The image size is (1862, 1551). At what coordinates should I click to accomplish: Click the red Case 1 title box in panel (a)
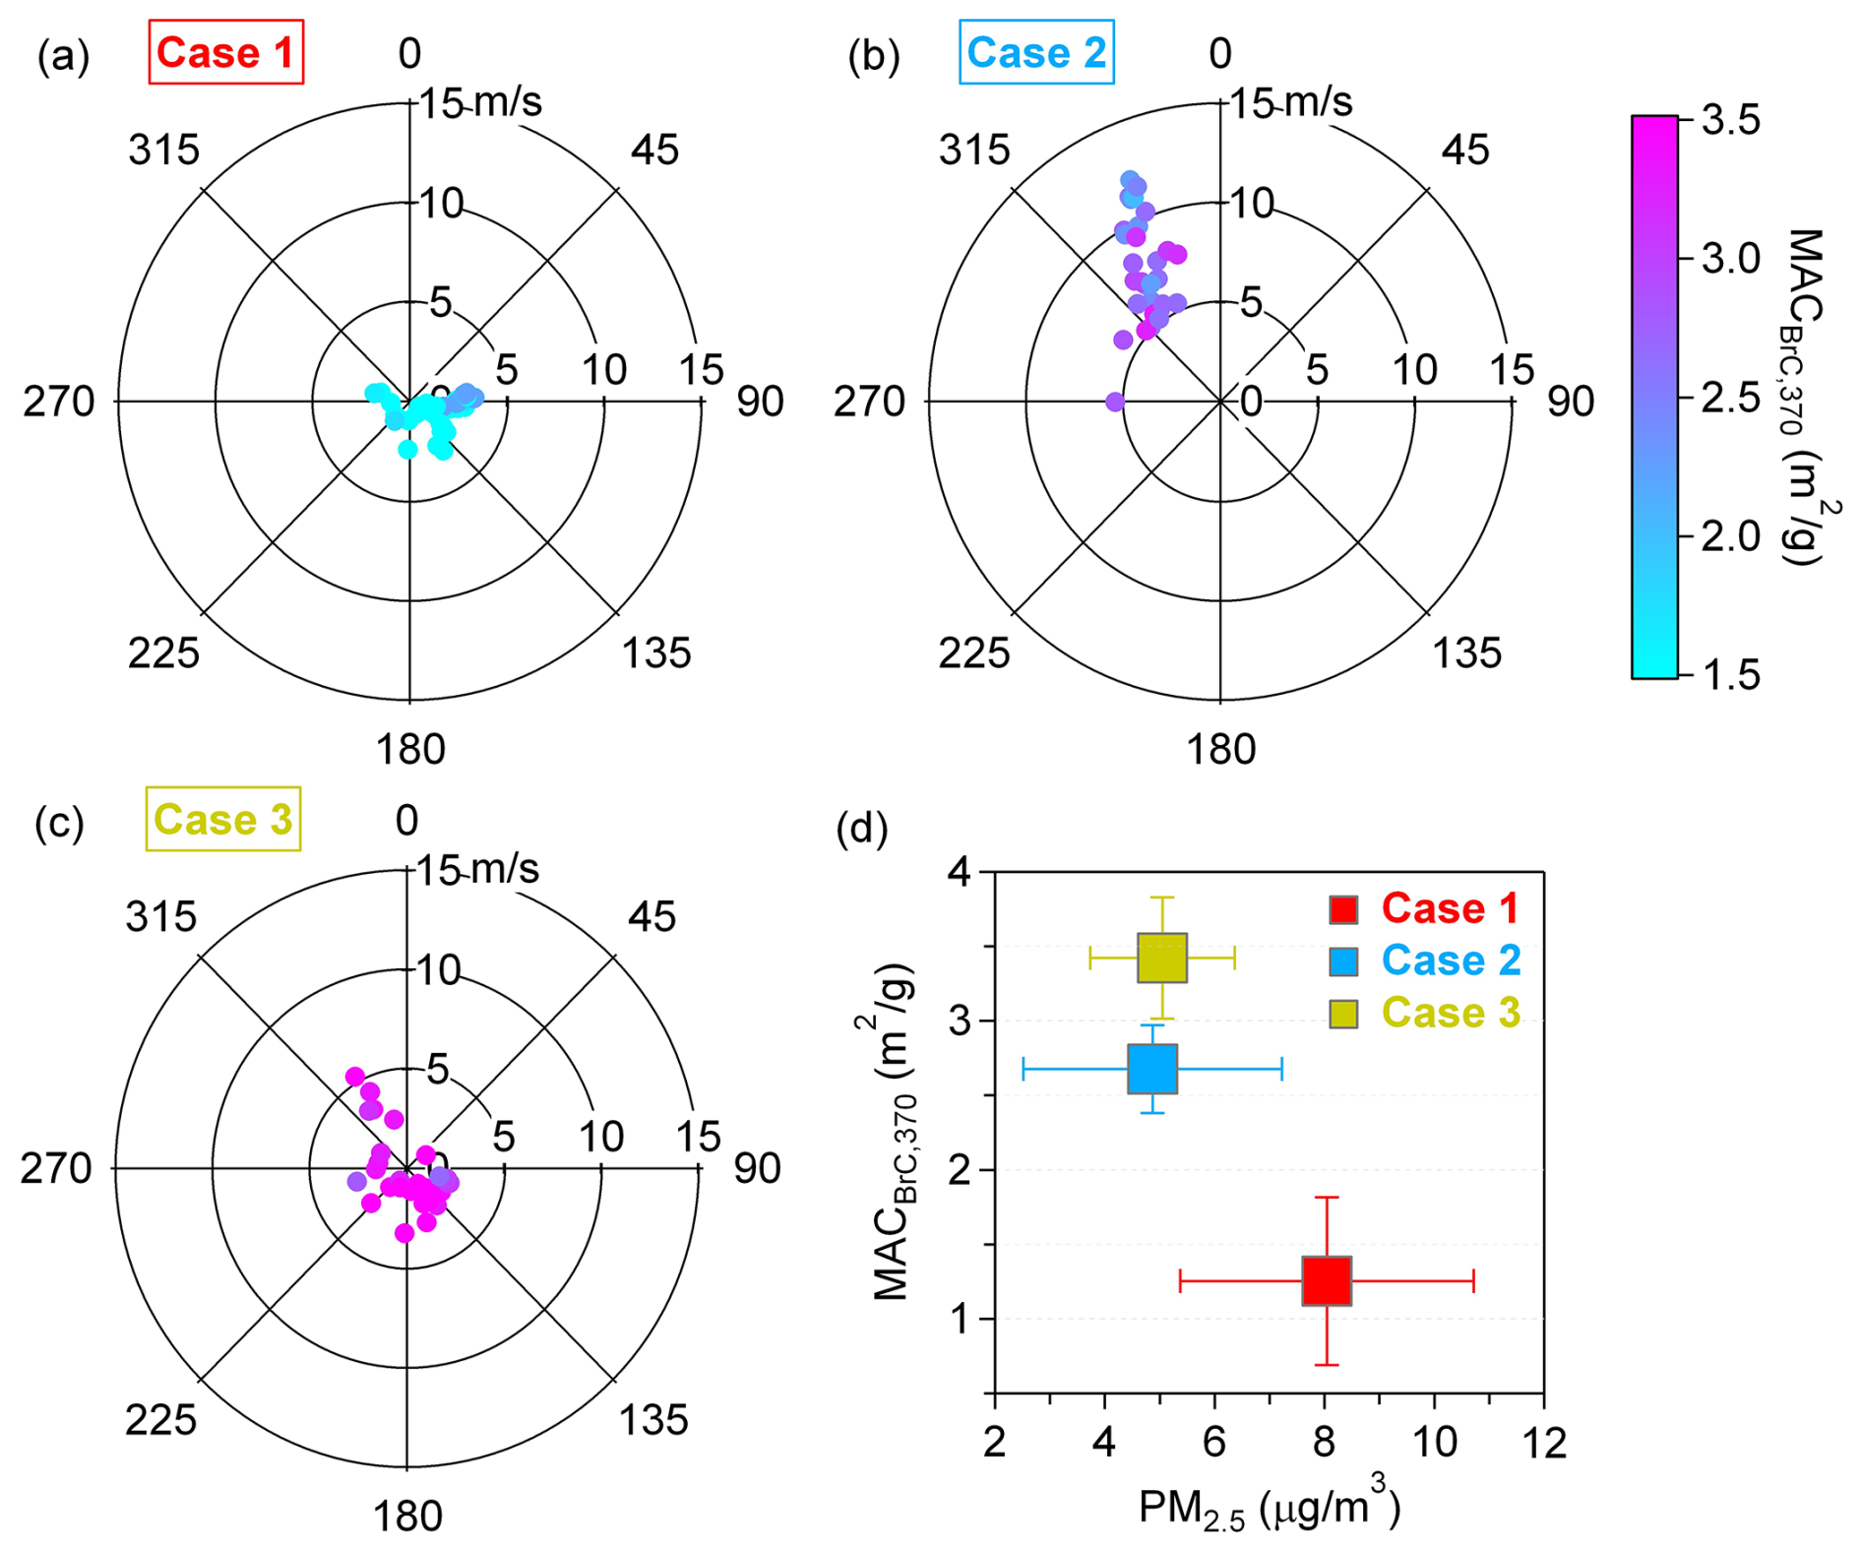point(225,52)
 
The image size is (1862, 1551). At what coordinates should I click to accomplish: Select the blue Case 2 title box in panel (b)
point(1036,52)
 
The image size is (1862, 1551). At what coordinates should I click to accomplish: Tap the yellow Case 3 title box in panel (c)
point(222,819)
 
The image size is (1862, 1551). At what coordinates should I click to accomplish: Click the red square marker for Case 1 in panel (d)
point(1326,1280)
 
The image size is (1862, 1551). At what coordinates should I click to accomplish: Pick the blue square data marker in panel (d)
point(1151,1069)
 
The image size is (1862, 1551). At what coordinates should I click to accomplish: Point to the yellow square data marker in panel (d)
point(1161,958)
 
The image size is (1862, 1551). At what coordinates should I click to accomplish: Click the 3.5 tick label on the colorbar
point(1730,121)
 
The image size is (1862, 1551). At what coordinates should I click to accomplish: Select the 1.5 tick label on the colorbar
point(1730,676)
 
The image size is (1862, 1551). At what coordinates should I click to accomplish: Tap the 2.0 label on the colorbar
point(1730,537)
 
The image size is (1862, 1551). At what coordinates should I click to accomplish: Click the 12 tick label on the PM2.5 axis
point(1542,1442)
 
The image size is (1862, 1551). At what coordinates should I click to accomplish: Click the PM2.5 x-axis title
point(1269,1508)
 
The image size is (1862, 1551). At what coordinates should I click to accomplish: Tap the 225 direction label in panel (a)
point(163,652)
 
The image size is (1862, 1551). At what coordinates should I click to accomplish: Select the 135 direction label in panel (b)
point(1466,652)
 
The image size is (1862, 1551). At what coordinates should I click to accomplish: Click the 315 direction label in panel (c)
point(160,917)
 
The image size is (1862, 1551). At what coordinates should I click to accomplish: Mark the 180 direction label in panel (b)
point(1220,750)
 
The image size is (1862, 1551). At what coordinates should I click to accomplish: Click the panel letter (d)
point(861,830)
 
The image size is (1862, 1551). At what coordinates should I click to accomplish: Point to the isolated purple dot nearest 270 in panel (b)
point(1114,402)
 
